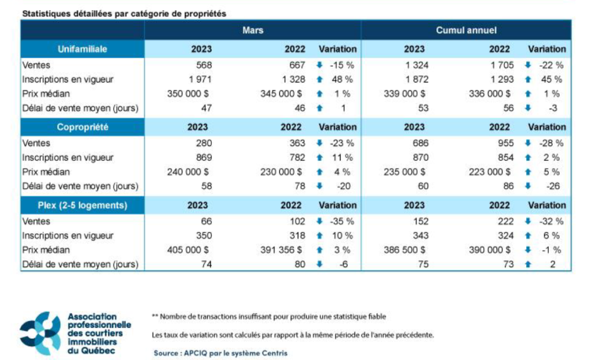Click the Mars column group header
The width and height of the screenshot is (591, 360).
pyautogui.click(x=253, y=30)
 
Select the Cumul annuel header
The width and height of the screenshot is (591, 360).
pyautogui.click(x=466, y=30)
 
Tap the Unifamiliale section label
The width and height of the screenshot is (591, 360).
pyautogui.click(x=83, y=49)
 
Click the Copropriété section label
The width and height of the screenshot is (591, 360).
pyautogui.click(x=83, y=127)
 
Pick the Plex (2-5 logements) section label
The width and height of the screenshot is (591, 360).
pyautogui.click(x=83, y=205)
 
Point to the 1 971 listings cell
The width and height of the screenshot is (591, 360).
pyautogui.click(x=200, y=79)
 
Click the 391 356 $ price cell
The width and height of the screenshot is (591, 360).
pyautogui.click(x=280, y=250)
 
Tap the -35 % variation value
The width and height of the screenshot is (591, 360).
pyautogui.click(x=341, y=221)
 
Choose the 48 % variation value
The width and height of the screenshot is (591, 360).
pyautogui.click(x=341, y=79)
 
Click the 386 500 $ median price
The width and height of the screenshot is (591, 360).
pyautogui.click(x=405, y=250)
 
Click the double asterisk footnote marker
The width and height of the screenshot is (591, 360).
pyautogui.click(x=155, y=316)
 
